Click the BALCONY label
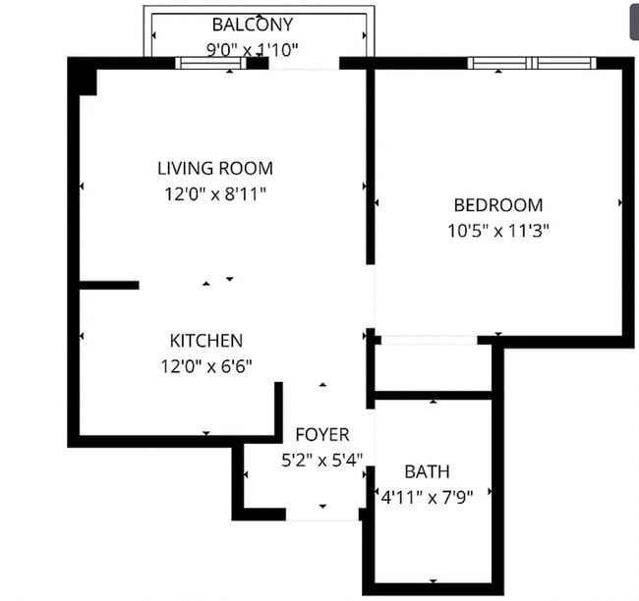click(x=252, y=25)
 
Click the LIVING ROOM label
click(x=215, y=168)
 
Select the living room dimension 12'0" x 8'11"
click(x=215, y=193)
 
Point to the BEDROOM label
click(x=497, y=205)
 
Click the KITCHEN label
click(x=206, y=341)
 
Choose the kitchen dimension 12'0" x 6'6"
click(x=206, y=367)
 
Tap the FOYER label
click(x=321, y=434)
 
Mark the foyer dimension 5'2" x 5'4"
click(x=321, y=459)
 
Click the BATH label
click(x=427, y=471)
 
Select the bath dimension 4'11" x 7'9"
click(x=427, y=497)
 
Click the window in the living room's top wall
click(x=210, y=64)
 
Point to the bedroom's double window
click(x=531, y=64)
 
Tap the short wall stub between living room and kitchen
click(x=108, y=286)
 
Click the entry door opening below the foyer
click(x=322, y=514)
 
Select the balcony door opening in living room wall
click(x=304, y=64)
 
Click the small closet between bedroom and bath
click(x=433, y=368)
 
